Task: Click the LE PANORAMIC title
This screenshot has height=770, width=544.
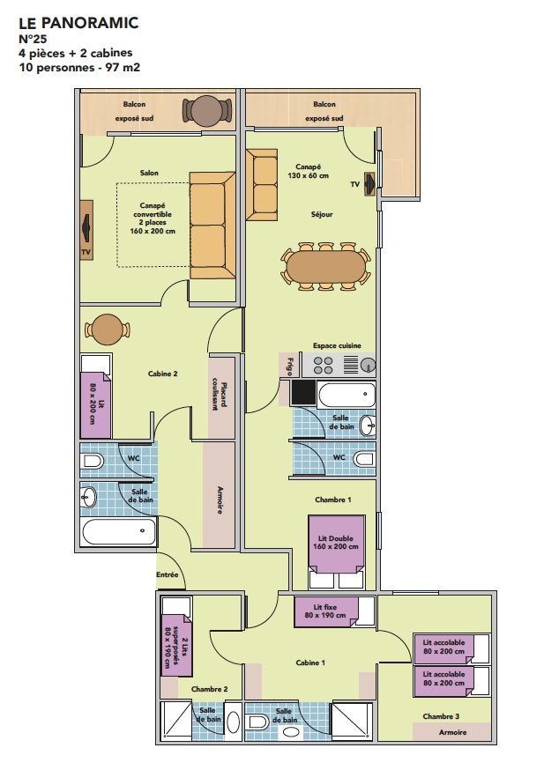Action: click(78, 23)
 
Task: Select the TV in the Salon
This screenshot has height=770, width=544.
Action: click(86, 230)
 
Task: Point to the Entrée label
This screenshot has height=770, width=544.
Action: click(168, 574)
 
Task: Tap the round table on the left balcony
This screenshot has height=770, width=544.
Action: click(207, 111)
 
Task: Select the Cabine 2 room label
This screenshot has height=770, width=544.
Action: click(162, 374)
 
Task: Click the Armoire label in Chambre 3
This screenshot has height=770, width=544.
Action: click(452, 732)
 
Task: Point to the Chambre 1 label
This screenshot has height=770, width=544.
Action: click(333, 500)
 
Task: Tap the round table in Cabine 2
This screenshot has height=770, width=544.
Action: click(108, 329)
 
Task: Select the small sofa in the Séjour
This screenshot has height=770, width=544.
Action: click(262, 185)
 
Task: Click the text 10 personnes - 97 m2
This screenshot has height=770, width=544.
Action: click(79, 67)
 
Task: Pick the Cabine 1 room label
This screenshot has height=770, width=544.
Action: click(310, 663)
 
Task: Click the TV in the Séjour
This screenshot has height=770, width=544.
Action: click(370, 184)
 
